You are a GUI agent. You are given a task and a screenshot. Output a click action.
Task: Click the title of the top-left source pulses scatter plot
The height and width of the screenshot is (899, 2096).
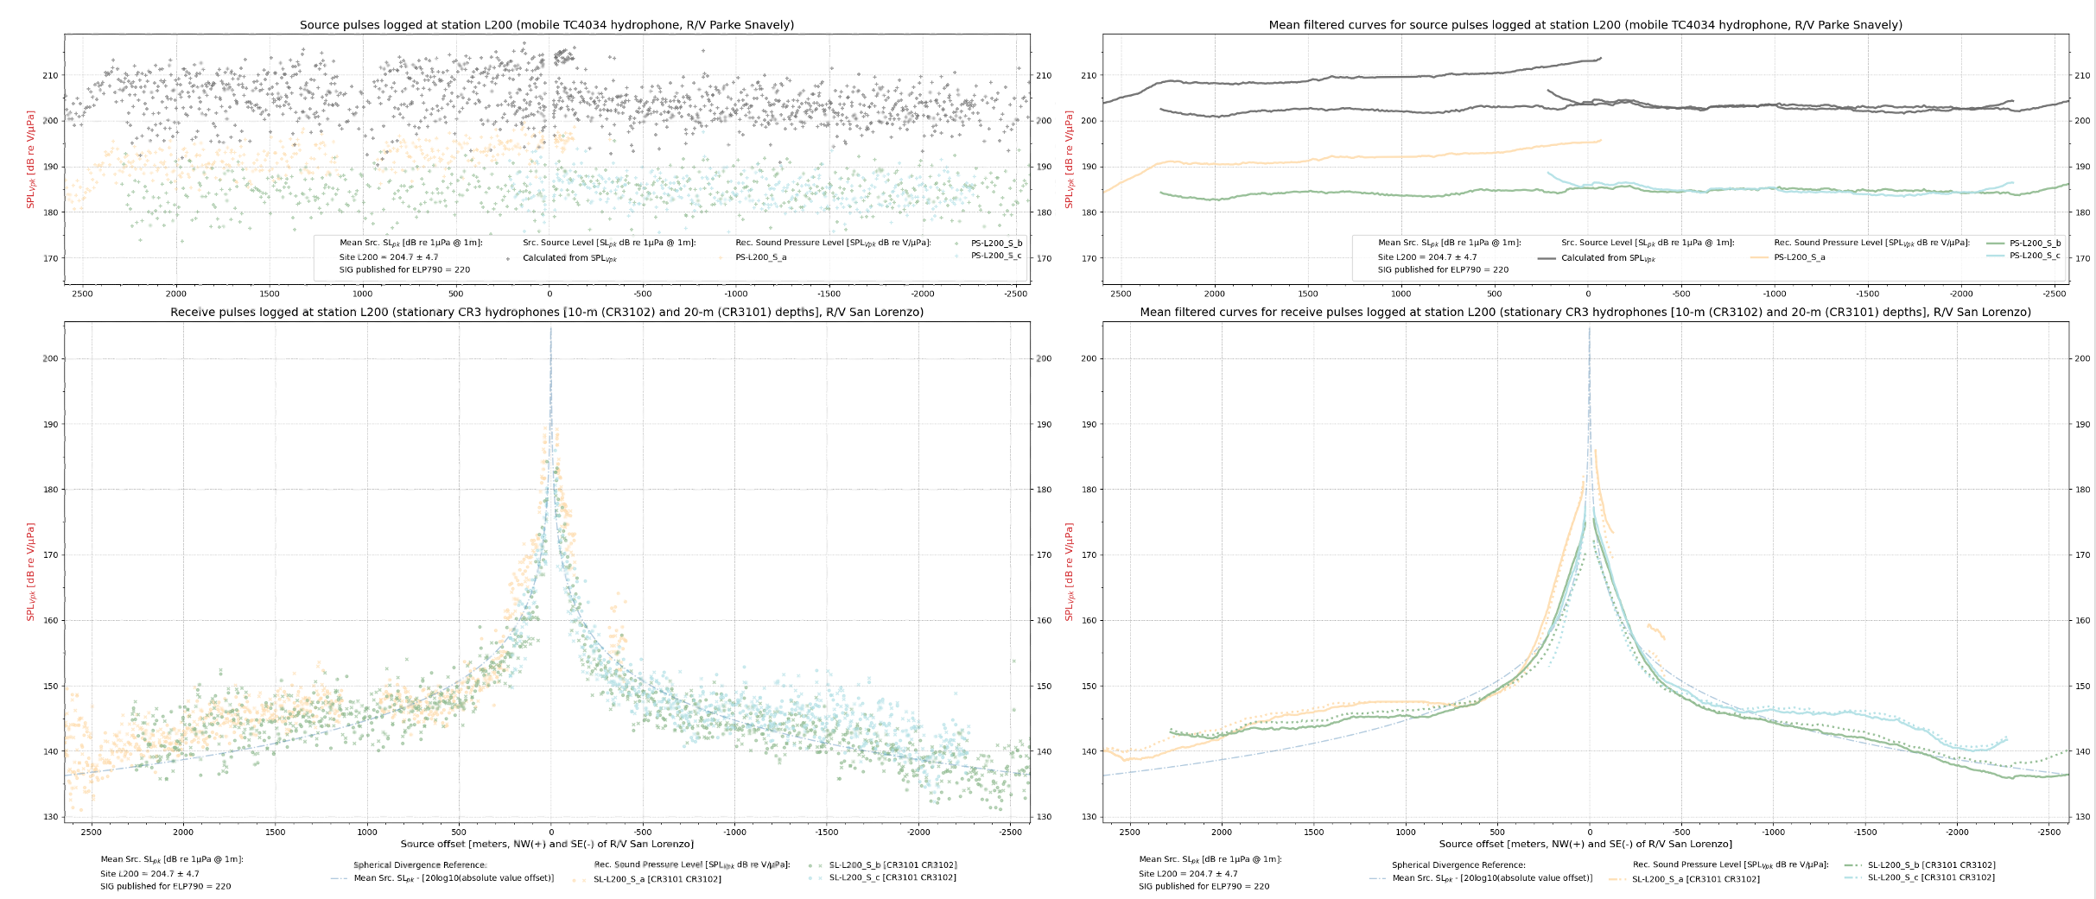coord(546,25)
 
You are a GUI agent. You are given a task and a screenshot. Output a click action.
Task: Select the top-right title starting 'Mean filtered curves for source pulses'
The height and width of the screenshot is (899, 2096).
coord(1585,25)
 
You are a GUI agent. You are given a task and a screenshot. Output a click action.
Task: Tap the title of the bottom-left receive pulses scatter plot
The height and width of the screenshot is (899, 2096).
coord(547,313)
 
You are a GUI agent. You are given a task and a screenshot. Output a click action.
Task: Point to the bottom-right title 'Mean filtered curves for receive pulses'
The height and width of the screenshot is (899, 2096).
coord(1585,313)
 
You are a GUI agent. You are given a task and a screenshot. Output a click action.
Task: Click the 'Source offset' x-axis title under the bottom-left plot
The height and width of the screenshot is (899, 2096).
coord(547,844)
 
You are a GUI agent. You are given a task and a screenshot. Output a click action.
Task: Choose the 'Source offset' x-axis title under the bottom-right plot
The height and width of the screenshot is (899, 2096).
coord(1585,844)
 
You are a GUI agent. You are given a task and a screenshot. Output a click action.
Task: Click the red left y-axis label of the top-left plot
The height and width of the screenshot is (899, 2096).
coord(31,159)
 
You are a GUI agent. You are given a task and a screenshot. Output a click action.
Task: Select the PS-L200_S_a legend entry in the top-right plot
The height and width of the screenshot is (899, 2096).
coord(1799,257)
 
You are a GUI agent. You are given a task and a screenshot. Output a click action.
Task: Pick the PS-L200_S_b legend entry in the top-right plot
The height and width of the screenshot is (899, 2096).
coord(2035,244)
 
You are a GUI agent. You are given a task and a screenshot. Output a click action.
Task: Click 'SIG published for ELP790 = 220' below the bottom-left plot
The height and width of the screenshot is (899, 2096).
coord(166,886)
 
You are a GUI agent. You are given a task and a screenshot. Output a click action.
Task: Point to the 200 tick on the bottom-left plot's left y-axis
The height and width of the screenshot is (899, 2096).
coord(51,358)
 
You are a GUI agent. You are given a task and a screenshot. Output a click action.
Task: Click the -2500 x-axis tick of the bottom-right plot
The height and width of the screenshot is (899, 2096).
coord(2048,833)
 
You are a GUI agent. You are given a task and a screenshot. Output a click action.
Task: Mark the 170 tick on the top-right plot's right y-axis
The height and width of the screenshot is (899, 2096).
coord(2082,258)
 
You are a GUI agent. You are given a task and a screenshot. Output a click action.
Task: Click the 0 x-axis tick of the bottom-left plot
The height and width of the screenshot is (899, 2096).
coord(551,833)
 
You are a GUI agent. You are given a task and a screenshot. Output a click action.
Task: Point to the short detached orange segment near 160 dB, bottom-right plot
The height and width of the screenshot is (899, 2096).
coord(1656,632)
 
